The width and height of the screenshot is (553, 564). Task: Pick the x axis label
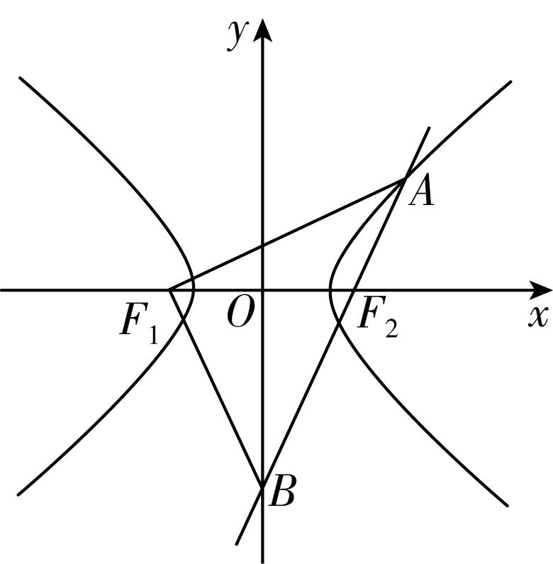click(x=538, y=316)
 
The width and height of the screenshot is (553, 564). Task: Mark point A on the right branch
click(x=405, y=179)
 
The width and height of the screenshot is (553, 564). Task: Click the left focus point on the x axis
click(x=169, y=289)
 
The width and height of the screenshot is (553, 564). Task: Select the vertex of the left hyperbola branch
click(x=194, y=289)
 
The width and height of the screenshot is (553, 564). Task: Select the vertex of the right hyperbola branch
click(x=330, y=289)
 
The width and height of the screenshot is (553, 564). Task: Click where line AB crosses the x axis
click(x=354, y=289)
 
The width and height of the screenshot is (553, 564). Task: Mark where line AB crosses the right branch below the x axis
click(x=339, y=323)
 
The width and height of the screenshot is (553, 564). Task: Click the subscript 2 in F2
click(x=391, y=328)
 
